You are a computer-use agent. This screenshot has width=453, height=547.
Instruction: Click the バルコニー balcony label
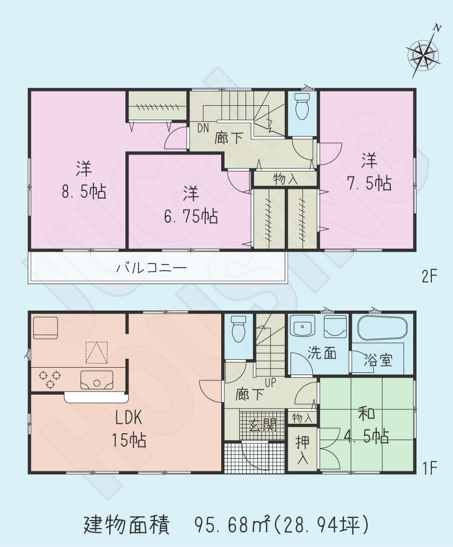(151, 268)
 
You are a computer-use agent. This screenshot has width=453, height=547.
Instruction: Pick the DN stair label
(203, 127)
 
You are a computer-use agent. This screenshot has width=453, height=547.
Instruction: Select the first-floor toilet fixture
(239, 330)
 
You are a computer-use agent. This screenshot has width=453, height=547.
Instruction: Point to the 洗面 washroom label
(323, 353)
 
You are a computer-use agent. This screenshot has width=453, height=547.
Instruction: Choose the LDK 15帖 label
(128, 429)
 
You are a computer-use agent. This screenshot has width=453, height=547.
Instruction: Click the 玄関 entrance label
(263, 425)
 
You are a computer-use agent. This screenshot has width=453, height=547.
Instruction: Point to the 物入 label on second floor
(285, 179)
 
